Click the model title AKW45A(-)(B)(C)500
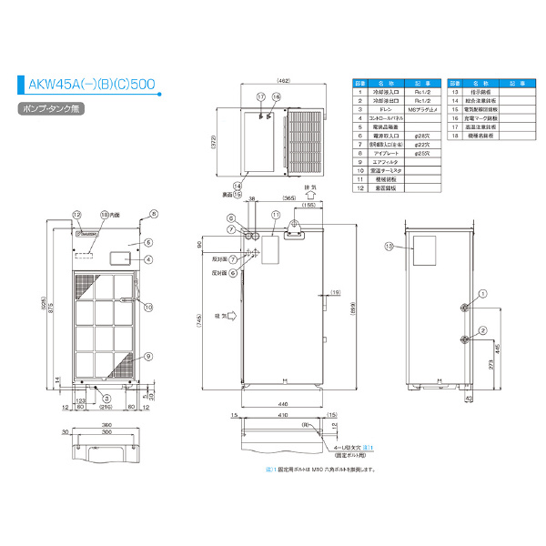pos(90,87)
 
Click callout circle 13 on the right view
pos(389,246)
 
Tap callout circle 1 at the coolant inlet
pos(483,294)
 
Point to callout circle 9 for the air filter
pos(148,356)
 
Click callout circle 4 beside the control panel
pos(148,259)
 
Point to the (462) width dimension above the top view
pos(283,82)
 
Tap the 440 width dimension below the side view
pos(282,404)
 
